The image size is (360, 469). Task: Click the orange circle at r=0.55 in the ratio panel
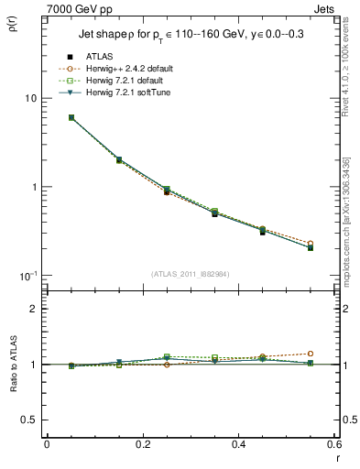tap(311, 354)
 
